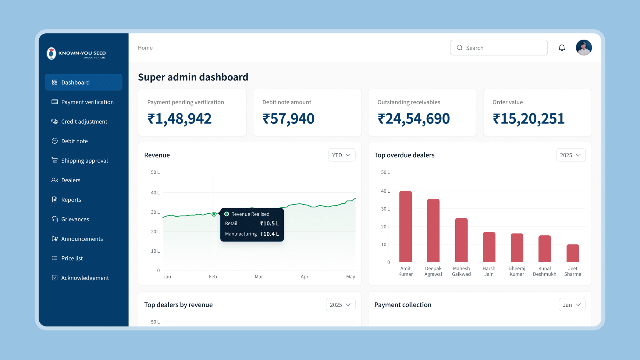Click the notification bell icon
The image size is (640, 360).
tap(562, 48)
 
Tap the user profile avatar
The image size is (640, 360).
tap(584, 48)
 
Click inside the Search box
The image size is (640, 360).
tap(499, 48)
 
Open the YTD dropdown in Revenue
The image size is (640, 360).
tap(342, 155)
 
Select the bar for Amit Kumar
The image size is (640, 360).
tap(405, 226)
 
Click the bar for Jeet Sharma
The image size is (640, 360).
tap(573, 253)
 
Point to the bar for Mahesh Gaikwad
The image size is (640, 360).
tap(461, 240)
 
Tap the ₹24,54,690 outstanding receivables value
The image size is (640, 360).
tap(414, 119)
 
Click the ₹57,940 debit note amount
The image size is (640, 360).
tap(288, 119)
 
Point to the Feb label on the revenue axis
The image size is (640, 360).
tap(213, 276)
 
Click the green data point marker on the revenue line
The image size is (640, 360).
tap(214, 214)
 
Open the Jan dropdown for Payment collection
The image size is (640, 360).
tap(572, 305)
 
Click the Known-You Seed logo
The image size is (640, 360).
tap(76, 53)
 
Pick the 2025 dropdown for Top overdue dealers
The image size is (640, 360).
tap(571, 155)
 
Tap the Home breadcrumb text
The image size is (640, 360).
tap(145, 48)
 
